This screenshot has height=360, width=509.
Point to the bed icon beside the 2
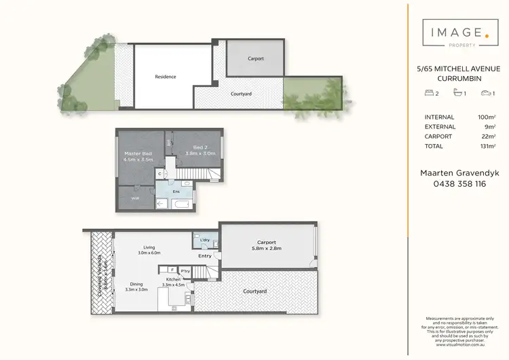pos(429,92)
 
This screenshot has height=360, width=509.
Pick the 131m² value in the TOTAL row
pos(487,146)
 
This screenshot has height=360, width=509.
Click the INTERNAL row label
pos(439,118)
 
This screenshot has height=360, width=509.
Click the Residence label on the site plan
pos(166,77)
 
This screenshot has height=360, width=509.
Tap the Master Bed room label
pos(138,154)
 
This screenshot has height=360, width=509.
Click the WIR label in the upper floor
pos(135,198)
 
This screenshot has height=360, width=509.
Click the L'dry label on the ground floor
pos(204,240)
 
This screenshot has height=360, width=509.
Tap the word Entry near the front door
pos(204,256)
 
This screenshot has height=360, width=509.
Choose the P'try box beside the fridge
pos(185,271)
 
